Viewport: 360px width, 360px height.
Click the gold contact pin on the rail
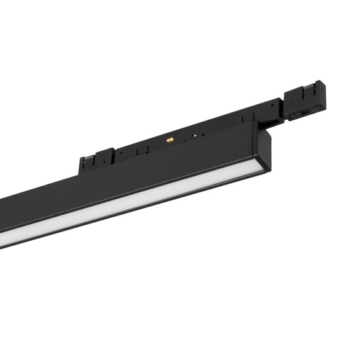pyautogui.click(x=168, y=140)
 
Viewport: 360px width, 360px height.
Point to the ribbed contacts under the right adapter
pyautogui.click(x=297, y=115)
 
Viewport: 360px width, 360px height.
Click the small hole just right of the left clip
pyautogui.click(x=124, y=152)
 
